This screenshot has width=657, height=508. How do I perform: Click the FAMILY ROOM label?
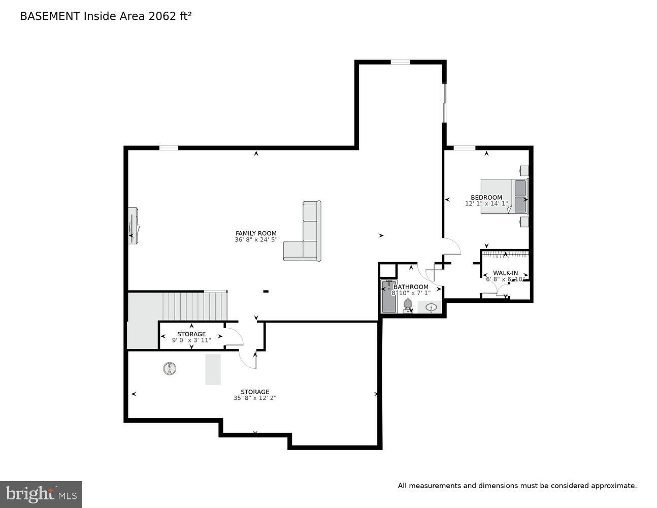click(x=256, y=233)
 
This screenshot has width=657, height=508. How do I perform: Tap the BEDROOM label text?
click(x=486, y=197)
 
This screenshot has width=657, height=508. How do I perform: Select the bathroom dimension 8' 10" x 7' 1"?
click(x=411, y=293)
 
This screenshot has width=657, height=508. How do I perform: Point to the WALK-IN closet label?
click(x=505, y=273)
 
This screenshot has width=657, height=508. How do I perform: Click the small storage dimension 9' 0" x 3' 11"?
click(x=191, y=340)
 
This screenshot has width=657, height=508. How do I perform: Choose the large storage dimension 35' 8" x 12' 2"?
click(x=255, y=398)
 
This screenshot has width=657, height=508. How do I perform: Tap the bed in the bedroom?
click(x=504, y=196)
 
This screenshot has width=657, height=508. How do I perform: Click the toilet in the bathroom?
click(x=408, y=305)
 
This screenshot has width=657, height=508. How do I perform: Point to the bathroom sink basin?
click(x=431, y=307)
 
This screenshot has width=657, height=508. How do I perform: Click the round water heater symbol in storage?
click(x=170, y=368)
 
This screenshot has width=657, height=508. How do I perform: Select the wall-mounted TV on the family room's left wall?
click(x=133, y=226)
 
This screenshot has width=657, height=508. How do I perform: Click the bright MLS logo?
click(x=41, y=494)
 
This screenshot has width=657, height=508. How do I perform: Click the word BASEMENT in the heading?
click(x=50, y=16)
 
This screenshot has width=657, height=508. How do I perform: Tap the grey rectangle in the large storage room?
click(x=213, y=369)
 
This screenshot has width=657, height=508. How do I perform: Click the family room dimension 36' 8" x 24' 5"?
click(x=256, y=240)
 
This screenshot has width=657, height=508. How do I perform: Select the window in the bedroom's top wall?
click(x=464, y=148)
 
